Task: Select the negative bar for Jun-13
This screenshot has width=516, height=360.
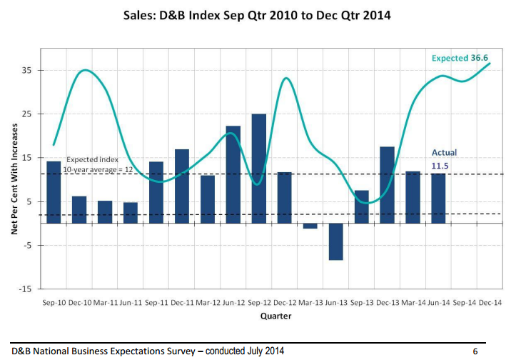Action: (335, 241)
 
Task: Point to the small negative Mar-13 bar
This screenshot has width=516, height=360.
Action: (310, 226)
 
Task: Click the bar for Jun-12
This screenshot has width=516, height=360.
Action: (233, 174)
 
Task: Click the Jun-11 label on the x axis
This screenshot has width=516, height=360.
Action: (131, 303)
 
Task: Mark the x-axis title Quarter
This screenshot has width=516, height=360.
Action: (270, 316)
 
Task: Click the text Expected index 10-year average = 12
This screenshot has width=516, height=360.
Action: (100, 164)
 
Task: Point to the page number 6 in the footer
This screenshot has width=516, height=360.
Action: (475, 351)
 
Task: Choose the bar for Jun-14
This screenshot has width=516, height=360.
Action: (438, 198)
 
